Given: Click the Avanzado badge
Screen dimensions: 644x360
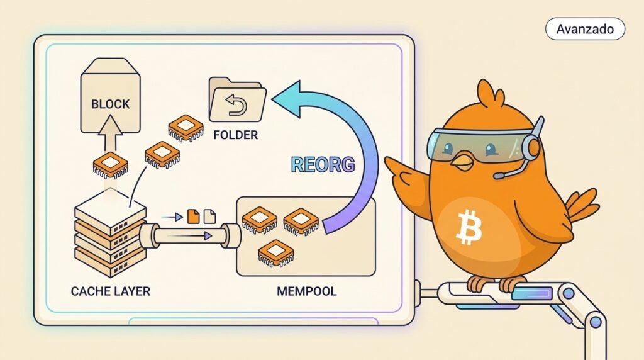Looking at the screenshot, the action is (x=585, y=29).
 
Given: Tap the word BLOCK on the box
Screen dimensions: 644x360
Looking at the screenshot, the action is (x=111, y=104).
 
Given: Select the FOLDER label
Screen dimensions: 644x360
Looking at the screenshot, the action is (x=235, y=135).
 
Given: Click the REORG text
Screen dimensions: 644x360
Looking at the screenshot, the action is (x=323, y=164).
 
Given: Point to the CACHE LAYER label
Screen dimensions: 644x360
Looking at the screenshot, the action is (x=111, y=291).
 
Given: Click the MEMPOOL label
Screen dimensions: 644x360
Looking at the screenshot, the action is (x=307, y=291).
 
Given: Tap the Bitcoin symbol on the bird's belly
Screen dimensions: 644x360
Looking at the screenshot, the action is (x=469, y=227).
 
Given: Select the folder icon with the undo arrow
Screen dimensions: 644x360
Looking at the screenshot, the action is (x=237, y=100).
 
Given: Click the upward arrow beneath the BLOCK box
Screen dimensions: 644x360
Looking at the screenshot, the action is (x=110, y=133).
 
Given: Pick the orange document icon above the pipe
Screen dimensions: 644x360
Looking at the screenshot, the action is (x=194, y=216).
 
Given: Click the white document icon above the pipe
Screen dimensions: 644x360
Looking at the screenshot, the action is (x=209, y=216).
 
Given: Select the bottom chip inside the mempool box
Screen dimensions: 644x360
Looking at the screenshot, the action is (x=276, y=252).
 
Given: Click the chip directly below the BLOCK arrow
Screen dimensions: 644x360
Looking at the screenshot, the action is (x=111, y=165).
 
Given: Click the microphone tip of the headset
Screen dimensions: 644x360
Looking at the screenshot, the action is (x=498, y=176).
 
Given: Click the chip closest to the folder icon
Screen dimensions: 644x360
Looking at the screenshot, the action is (x=186, y=128).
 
